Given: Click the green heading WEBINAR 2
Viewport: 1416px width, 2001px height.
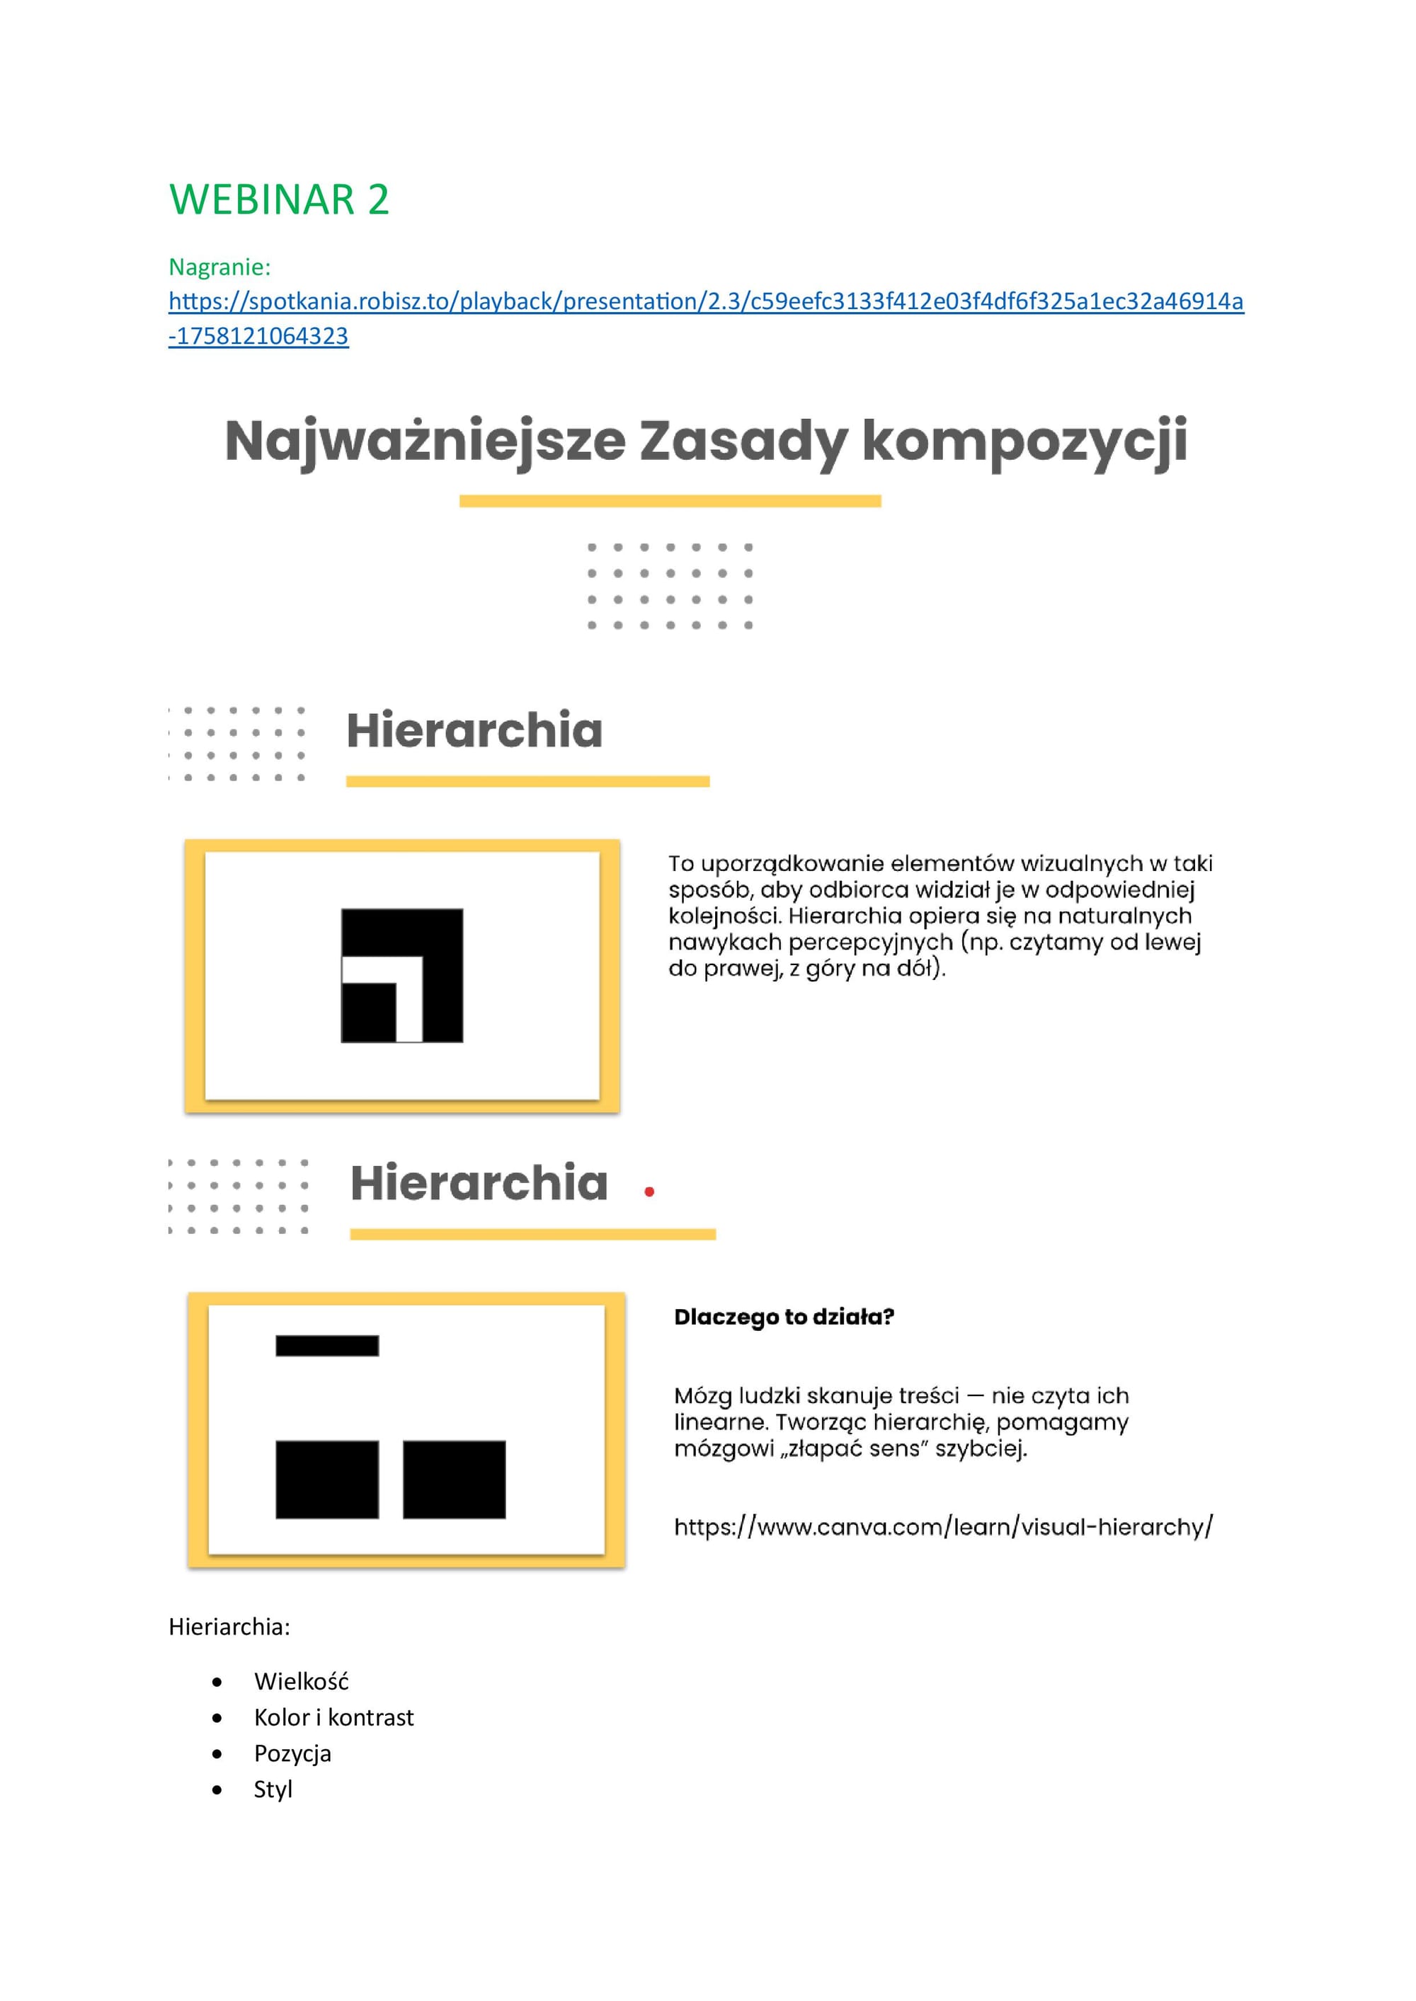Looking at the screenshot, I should point(279,200).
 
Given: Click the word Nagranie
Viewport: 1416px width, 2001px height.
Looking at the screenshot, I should point(219,267).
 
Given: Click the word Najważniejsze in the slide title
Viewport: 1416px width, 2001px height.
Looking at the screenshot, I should point(425,441).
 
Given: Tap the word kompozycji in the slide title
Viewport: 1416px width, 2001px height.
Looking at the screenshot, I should point(1024,441).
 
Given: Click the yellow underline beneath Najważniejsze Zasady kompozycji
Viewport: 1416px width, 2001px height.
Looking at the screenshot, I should point(670,501).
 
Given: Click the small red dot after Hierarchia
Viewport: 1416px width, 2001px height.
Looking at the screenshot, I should point(649,1192).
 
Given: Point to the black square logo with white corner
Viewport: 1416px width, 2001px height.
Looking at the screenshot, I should point(402,975).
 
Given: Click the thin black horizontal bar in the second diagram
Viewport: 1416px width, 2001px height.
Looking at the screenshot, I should point(327,1346).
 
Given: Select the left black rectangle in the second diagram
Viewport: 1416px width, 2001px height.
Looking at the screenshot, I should point(327,1480).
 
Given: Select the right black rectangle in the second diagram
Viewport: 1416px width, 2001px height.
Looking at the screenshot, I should point(455,1480).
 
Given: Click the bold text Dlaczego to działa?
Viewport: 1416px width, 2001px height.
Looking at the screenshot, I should point(784,1317).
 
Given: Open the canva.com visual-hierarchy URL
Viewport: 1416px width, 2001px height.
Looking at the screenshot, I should point(942,1527).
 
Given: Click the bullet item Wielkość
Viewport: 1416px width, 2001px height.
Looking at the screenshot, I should point(301,1681).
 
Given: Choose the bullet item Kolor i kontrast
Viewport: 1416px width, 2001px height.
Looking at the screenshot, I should point(333,1717).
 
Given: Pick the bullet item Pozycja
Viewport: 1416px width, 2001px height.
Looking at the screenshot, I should point(292,1753).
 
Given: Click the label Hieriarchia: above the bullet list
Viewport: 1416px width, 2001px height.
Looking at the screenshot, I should point(229,1626).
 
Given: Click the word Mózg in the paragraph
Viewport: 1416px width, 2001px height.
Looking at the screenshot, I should point(703,1395).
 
